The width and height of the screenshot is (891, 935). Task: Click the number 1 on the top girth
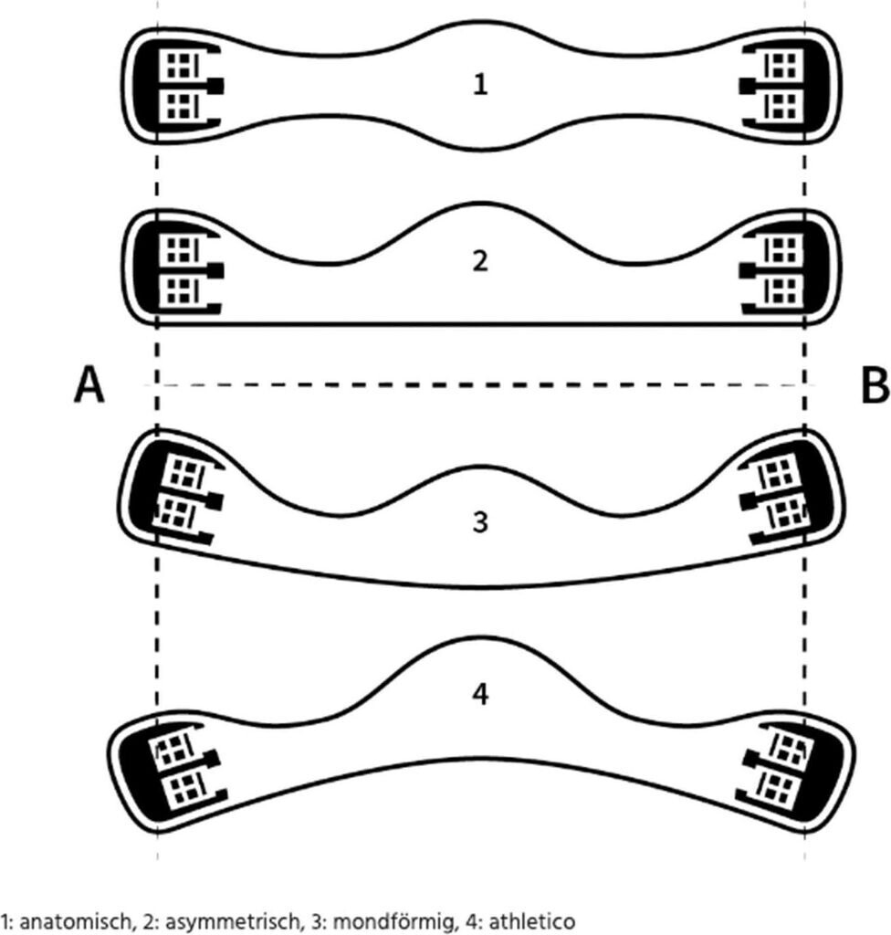481,86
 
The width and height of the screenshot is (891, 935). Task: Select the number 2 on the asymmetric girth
481,262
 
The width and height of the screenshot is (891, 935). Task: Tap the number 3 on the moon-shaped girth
481,523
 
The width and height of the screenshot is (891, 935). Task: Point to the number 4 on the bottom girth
481,694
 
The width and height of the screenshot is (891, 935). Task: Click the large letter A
89,386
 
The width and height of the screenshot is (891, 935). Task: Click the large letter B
874,386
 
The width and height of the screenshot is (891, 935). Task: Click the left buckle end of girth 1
179,86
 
